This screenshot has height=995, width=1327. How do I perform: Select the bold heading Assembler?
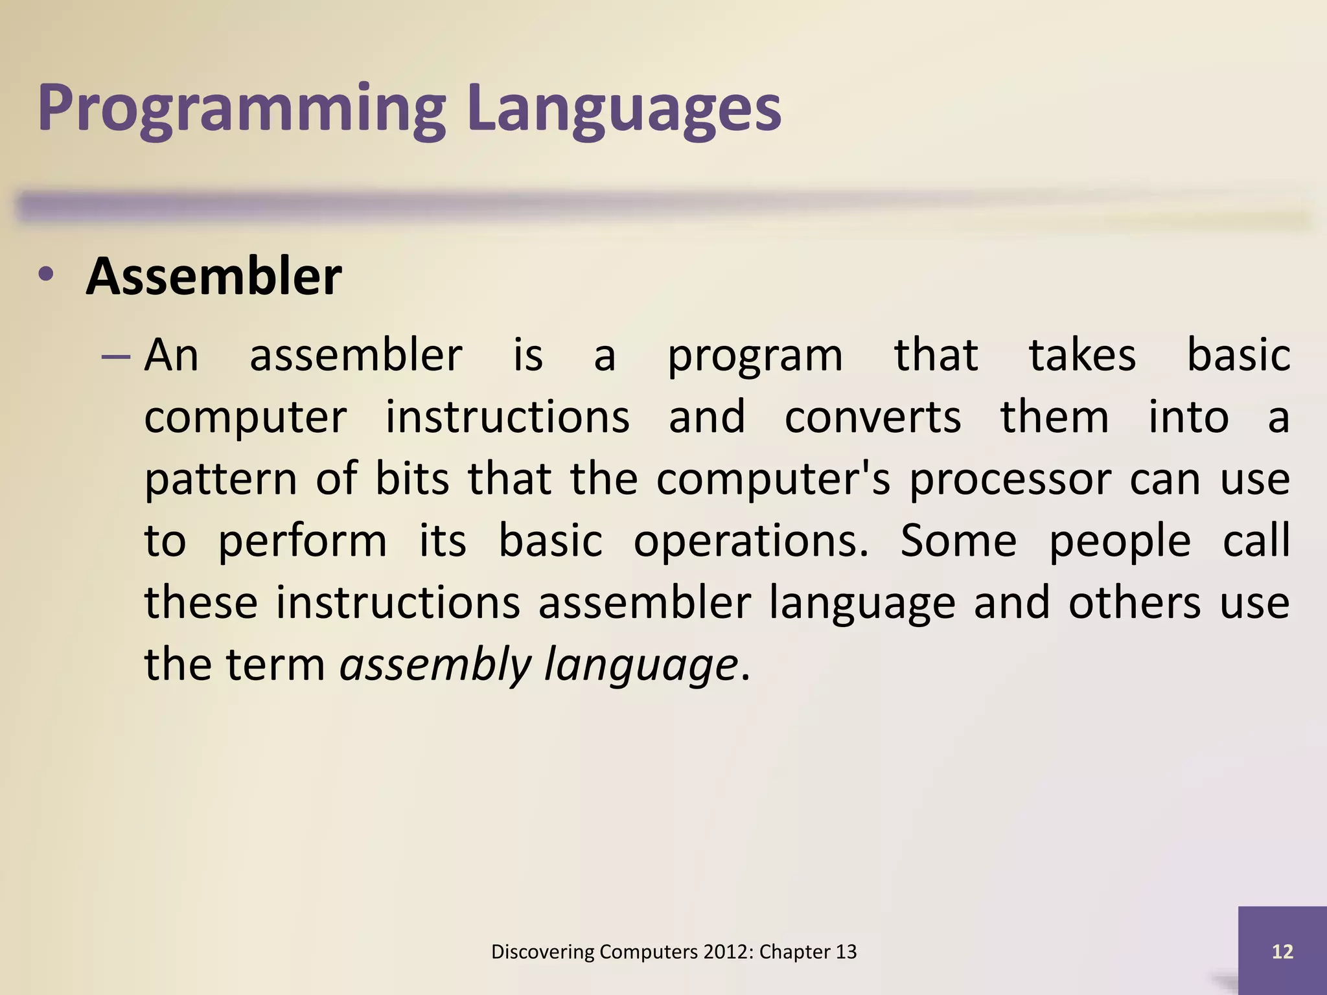coord(213,277)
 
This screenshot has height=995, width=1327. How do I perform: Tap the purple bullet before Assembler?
coord(46,275)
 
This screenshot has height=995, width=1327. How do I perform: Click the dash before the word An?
coord(116,356)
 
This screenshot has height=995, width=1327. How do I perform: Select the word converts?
coord(872,417)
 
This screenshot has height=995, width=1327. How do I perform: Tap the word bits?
coord(412,479)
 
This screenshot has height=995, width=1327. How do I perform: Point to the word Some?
coord(958,540)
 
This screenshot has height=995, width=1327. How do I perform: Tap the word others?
coord(1134,602)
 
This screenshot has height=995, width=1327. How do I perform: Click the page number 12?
coord(1282,952)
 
